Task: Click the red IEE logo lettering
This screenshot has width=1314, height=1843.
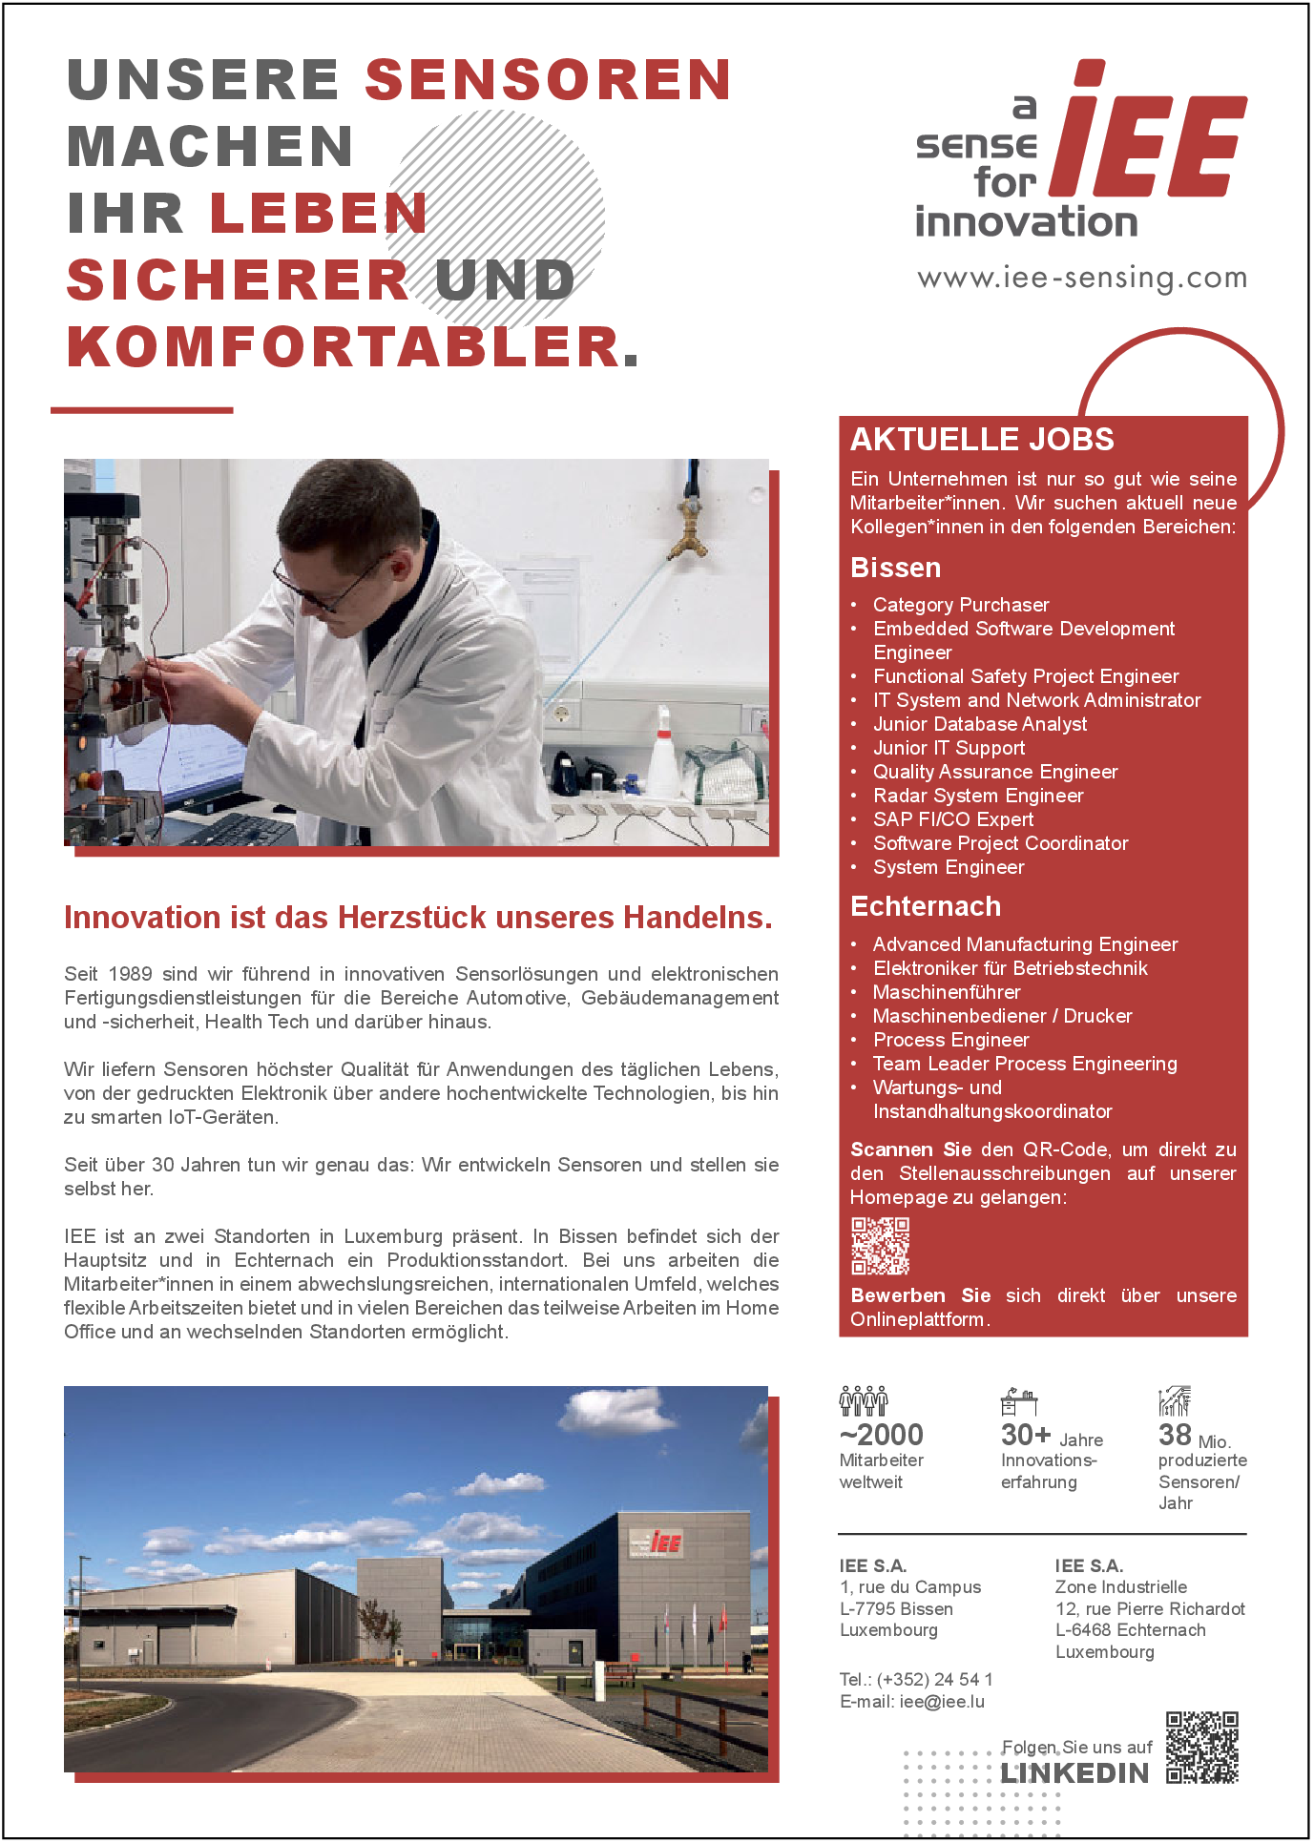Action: [1150, 134]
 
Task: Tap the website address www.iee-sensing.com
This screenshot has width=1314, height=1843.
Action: [1082, 278]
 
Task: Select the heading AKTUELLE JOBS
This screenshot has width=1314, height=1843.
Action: [982, 439]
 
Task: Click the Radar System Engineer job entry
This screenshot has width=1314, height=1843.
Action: [978, 796]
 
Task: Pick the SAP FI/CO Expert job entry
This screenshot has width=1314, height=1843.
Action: [953, 819]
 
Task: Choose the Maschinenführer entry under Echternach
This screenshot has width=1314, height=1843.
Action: [947, 992]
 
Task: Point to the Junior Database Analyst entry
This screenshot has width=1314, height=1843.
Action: [980, 724]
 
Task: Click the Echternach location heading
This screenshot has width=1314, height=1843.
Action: [926, 906]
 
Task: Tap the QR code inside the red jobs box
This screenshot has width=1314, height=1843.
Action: [880, 1246]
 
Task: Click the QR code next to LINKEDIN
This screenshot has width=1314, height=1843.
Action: [1201, 1748]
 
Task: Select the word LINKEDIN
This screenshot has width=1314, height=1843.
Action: [1074, 1773]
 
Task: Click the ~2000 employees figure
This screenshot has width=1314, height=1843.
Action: [881, 1435]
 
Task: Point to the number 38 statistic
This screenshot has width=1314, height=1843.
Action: [1175, 1435]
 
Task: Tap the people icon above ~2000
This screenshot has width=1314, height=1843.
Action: [863, 1400]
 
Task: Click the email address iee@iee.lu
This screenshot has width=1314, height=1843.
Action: [942, 1701]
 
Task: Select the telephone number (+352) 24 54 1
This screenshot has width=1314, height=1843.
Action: [934, 1679]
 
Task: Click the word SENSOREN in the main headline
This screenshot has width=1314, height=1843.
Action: [548, 79]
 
